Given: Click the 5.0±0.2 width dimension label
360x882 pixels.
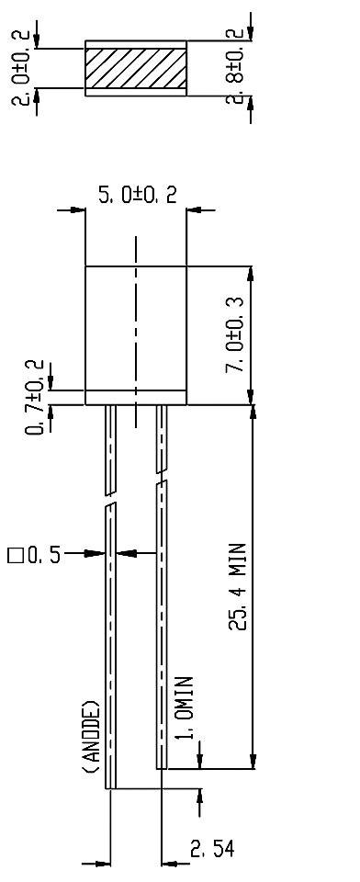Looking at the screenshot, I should pos(137,194).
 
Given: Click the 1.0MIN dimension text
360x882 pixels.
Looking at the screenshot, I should pos(184,713).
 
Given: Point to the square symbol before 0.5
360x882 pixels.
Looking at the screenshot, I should pos(14,555).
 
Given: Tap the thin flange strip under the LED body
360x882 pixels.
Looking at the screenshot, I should pos(136,399).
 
